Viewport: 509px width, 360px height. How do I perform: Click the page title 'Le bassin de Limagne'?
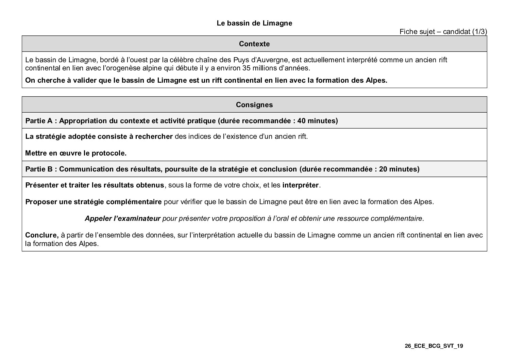(x=254, y=23)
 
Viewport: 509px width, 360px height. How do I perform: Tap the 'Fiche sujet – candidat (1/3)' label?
(x=443, y=32)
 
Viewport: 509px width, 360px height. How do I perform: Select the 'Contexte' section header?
(x=254, y=44)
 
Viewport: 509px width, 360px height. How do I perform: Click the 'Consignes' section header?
(x=254, y=105)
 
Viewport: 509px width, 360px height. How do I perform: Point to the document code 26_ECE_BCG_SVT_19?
(x=434, y=346)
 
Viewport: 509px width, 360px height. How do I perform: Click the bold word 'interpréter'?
(x=301, y=185)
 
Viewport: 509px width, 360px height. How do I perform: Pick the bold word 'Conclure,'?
(x=42, y=235)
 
